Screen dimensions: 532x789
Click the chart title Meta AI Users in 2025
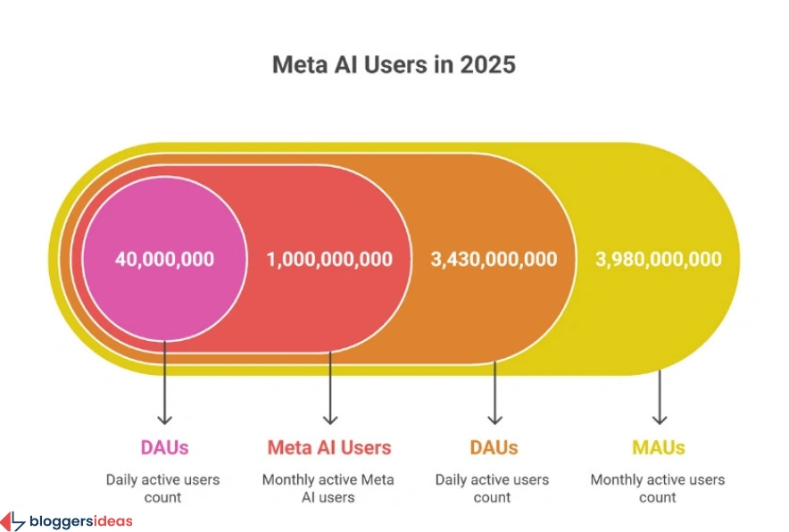point(394,65)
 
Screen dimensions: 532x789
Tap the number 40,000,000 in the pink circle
point(164,260)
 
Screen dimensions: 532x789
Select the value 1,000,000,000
point(329,260)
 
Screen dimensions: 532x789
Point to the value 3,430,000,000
point(494,260)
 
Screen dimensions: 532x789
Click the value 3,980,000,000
point(659,260)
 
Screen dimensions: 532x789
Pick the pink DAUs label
point(164,447)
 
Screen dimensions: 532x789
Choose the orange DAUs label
point(494,447)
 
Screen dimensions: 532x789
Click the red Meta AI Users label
point(329,447)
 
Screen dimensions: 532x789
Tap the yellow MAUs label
point(659,447)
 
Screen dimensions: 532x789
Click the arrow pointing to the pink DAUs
point(164,384)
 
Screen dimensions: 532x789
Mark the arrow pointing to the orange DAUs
point(494,393)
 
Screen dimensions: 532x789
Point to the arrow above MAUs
point(660,397)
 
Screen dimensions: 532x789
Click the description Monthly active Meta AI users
point(329,488)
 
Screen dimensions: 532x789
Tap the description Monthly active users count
point(659,488)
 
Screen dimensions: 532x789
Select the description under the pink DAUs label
point(163,488)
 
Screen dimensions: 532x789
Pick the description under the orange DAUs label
point(493,488)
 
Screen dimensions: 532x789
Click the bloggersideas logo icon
point(12,521)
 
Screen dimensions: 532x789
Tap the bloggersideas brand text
point(80,521)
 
